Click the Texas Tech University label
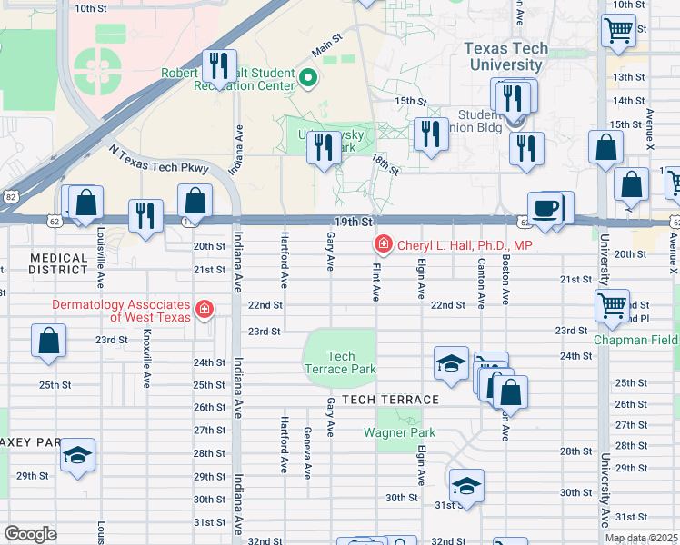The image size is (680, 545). (x=506, y=56)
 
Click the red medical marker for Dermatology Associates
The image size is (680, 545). (x=205, y=310)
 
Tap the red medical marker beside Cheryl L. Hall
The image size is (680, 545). (x=384, y=245)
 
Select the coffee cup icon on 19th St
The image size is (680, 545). (x=545, y=208)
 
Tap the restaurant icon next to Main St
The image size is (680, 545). (x=219, y=64)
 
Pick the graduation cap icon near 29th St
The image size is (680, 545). (x=78, y=456)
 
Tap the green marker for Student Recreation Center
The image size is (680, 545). (x=307, y=79)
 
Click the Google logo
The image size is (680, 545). (x=30, y=534)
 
